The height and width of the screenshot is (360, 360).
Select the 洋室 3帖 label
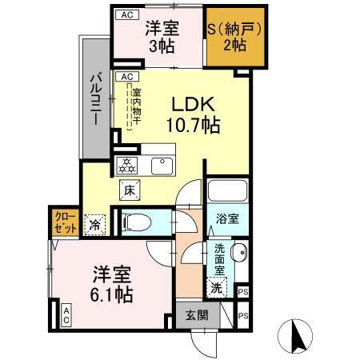162,37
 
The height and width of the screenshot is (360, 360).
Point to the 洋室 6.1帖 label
110,284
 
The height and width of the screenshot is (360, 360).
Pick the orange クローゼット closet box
66,222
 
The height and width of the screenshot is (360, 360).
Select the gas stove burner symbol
128,166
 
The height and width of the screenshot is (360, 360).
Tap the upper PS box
244,293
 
